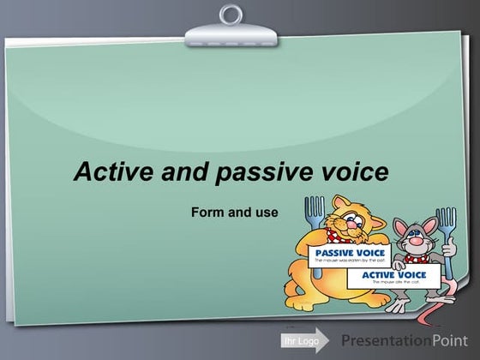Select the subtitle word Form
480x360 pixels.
coord(209,212)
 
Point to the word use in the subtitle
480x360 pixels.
coord(267,212)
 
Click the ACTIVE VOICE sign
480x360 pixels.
coord(394,277)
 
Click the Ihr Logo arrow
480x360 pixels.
coord(304,340)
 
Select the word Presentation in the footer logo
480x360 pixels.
coord(387,340)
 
